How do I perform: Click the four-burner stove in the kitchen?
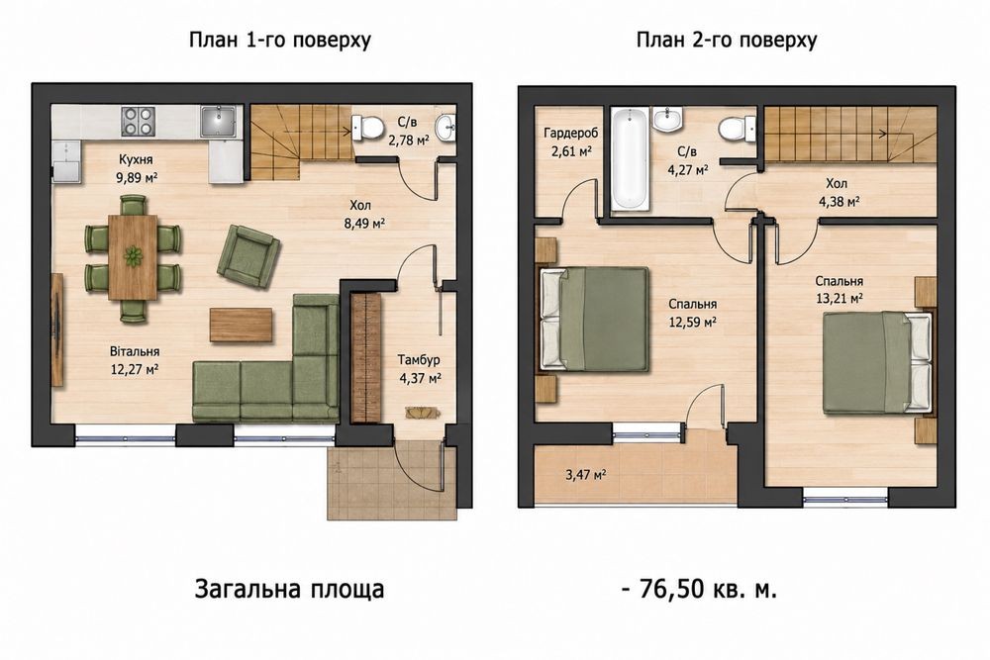[139, 121]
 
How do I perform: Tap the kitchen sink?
[219, 121]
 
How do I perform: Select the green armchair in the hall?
[248, 256]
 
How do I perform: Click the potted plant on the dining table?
[133, 257]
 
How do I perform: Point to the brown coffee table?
[242, 325]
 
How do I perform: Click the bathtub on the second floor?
[630, 158]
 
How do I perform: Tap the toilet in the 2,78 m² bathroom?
[367, 128]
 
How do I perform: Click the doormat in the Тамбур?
[423, 412]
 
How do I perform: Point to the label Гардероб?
[571, 134]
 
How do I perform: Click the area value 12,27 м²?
[135, 369]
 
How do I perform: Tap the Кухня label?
[136, 159]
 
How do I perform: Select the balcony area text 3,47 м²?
[587, 475]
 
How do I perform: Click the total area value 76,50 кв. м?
[708, 590]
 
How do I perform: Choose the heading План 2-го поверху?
[727, 40]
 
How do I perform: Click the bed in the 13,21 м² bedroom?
[877, 362]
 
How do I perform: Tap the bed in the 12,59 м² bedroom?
[594, 319]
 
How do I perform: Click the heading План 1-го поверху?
[280, 40]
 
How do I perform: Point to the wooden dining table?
[133, 257]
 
